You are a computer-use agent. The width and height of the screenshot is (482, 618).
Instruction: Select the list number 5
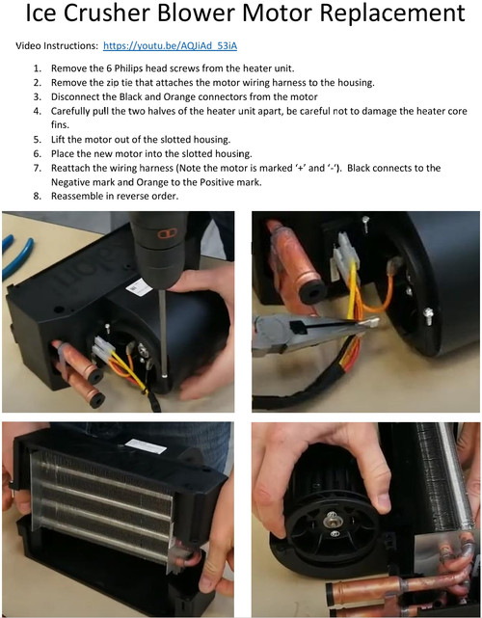coord(38,139)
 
